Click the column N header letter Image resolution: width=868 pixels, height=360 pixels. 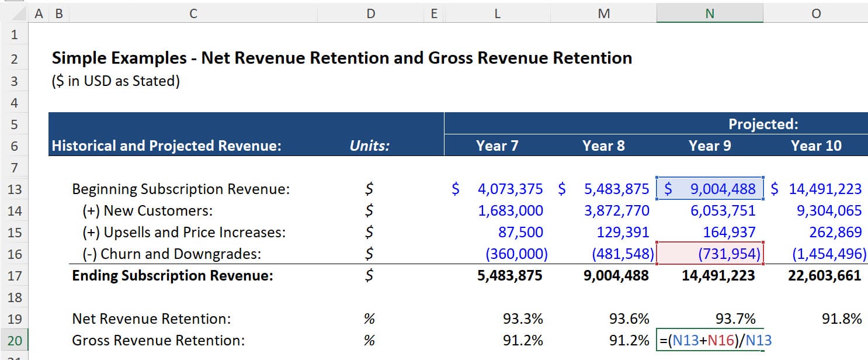[x=709, y=13]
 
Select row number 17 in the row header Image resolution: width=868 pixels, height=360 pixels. [x=15, y=275]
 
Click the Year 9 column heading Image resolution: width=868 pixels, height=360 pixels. [x=709, y=146]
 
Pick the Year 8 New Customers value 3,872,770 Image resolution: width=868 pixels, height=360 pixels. [x=616, y=210]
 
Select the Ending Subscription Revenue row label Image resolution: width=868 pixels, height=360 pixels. [x=172, y=275]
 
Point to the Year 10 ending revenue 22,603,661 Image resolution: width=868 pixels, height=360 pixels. [x=824, y=275]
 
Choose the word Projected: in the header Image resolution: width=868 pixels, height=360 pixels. [x=763, y=124]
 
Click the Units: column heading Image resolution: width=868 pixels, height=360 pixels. [x=369, y=146]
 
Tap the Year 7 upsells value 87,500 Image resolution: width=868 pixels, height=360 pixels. [x=520, y=232]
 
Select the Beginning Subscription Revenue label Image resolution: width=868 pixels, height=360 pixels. [x=180, y=189]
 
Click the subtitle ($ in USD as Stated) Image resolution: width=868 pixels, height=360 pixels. [x=116, y=81]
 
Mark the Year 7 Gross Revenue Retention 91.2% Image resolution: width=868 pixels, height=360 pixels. [x=523, y=341]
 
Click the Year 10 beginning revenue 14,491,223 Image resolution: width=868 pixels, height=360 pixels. [x=824, y=189]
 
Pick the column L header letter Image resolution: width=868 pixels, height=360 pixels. [x=497, y=13]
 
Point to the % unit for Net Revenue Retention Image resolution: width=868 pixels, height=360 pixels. [x=369, y=319]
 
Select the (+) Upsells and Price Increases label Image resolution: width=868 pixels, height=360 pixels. [x=184, y=232]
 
